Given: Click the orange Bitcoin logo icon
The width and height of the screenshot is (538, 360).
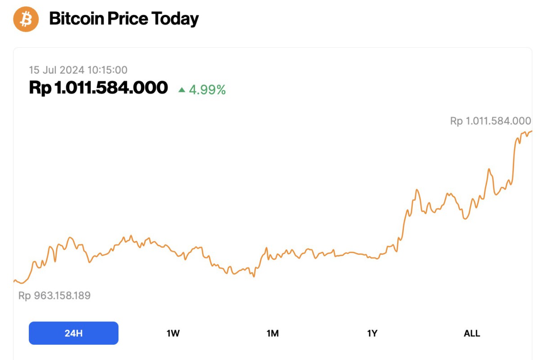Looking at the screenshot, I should coord(26,19).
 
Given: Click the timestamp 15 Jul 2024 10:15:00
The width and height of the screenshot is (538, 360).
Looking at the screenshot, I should coord(78,70).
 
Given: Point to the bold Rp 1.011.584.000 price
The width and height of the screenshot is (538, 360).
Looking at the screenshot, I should coord(98,87).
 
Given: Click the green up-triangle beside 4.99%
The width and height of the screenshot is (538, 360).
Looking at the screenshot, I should coord(182,90).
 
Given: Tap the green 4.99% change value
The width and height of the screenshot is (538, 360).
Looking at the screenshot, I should coord(207,90).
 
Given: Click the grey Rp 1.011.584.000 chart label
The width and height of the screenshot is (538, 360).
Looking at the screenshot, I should coord(490,121).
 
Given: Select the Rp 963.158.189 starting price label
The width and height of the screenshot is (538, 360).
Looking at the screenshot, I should coord(54,296).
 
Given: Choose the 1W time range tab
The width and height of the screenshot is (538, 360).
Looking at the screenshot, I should coord(173,333).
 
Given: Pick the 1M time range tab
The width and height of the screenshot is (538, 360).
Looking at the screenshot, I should coord(272,333).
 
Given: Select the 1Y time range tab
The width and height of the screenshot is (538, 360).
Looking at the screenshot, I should coord(372,333).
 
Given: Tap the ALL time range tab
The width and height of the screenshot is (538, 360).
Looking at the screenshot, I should coord(472,333).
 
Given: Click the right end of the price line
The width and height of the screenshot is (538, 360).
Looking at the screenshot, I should coord(531,131).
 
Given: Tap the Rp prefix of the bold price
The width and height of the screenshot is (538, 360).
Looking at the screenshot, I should coord(40,87).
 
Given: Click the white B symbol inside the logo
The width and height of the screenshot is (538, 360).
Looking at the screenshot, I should coord(26,19).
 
